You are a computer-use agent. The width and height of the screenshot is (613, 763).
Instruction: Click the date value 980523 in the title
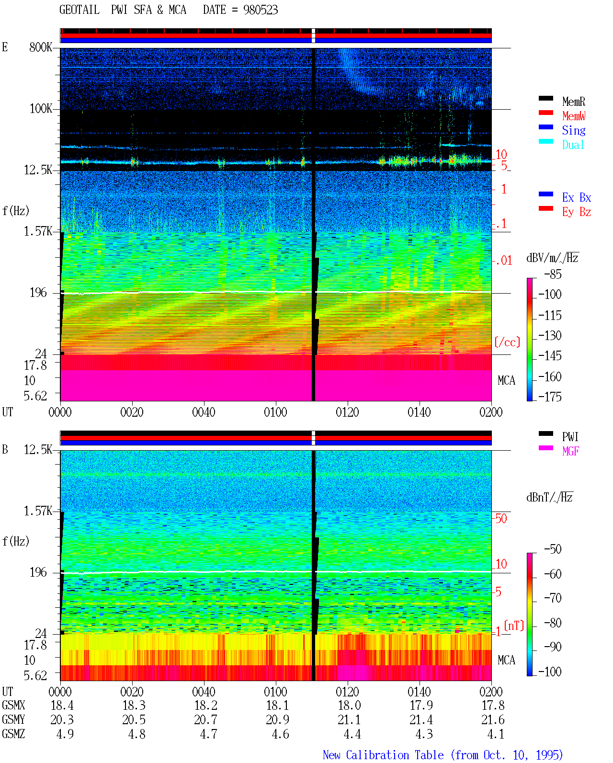(260, 10)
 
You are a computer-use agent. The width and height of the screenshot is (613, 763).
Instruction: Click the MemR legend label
(573, 102)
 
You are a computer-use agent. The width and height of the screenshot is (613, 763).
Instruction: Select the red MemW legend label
(573, 115)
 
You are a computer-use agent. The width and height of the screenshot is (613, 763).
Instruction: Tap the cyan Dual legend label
(573, 145)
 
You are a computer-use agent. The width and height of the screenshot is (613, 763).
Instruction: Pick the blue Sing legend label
(573, 130)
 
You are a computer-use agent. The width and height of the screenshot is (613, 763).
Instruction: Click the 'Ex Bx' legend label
(576, 197)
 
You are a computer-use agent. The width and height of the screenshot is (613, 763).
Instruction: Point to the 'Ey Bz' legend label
(576, 212)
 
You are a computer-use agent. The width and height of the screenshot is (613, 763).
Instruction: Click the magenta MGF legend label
(570, 451)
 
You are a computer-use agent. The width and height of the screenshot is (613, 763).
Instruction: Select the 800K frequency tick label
(41, 47)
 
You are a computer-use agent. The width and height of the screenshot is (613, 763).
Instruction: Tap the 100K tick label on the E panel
(41, 109)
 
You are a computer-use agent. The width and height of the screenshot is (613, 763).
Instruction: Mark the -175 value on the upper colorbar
(549, 397)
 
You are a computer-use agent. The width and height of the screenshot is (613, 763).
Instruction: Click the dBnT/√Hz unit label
(549, 497)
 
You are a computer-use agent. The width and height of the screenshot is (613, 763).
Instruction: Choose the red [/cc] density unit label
(507, 342)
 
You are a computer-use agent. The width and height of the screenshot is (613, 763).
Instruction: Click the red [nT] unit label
(514, 626)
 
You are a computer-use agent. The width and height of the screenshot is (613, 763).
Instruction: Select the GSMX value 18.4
(62, 705)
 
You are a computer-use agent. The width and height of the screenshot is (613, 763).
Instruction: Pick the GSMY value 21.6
(492, 720)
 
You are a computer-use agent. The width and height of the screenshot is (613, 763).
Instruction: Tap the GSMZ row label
(13, 734)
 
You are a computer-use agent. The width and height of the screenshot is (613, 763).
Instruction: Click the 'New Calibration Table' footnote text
(383, 755)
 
